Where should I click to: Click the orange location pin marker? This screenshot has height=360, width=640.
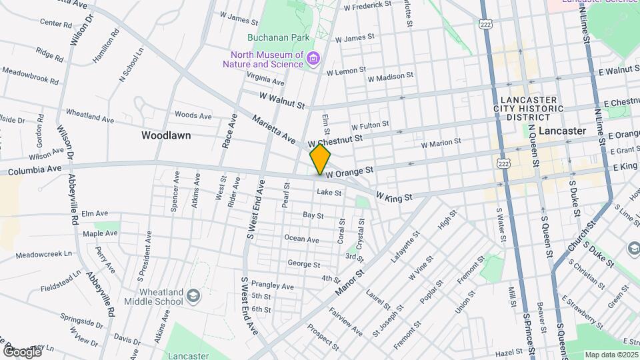tap(321, 159)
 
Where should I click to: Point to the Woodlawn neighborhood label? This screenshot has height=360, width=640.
tap(166, 135)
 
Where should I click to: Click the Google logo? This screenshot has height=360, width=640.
tap(21, 351)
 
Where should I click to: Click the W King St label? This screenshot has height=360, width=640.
tap(395, 197)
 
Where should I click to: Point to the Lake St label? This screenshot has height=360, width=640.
tap(329, 193)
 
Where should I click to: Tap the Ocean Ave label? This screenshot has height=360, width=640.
tap(301, 239)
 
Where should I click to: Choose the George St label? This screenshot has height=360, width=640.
tap(303, 264)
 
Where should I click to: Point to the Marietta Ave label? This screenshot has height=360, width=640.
tap(273, 129)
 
